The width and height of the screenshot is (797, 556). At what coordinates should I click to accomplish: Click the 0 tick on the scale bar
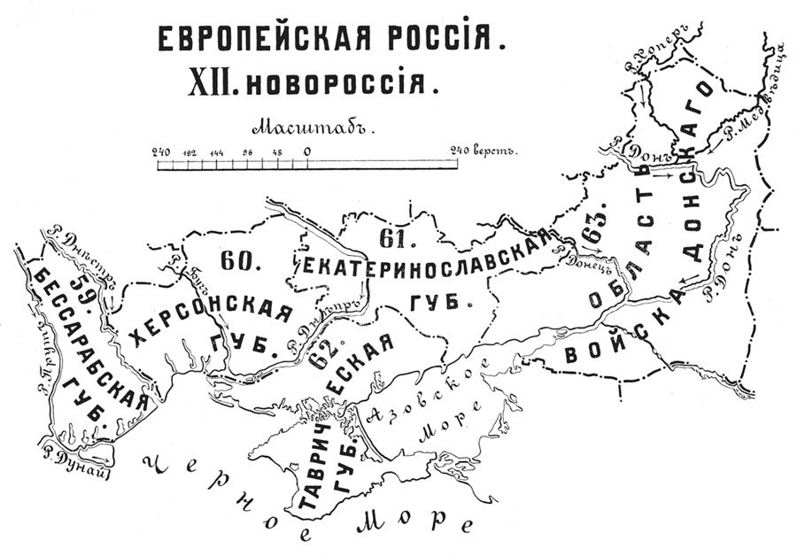pyautogui.click(x=306, y=151)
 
